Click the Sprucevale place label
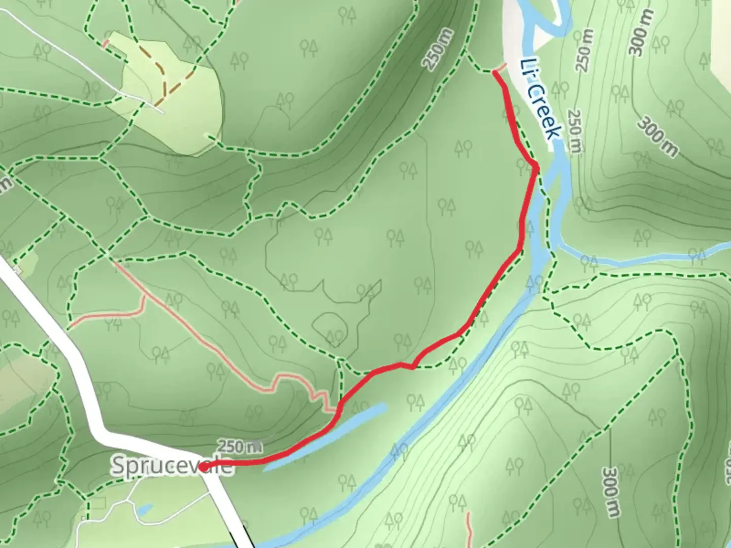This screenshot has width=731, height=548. coord(172,466)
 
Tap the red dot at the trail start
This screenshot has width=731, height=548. coord(203,467)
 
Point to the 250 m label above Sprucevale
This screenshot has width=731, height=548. coord(240,447)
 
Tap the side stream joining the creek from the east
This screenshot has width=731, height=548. coord(645,260)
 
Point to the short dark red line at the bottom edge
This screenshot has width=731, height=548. coord(470,530)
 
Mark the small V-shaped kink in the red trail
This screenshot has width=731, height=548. coord(412,366)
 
